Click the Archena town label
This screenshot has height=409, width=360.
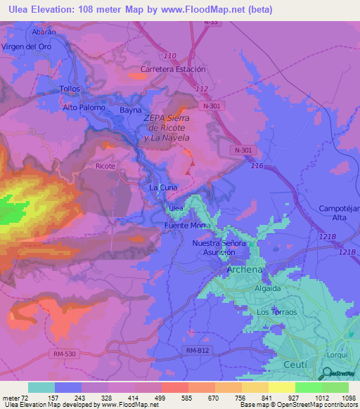tap(244, 270)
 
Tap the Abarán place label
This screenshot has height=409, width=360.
tap(43, 32)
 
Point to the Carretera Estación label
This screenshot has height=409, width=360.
tap(173, 70)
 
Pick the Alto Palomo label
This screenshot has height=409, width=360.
tap(84, 108)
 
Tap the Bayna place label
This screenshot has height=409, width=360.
tap(131, 110)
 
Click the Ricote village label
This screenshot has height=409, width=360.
tap(105, 167)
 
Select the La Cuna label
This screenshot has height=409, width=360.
tap(162, 188)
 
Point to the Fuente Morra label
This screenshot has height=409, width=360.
tap(186, 226)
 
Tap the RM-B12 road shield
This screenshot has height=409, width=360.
tap(198, 350)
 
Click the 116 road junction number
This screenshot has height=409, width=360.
tap(257, 166)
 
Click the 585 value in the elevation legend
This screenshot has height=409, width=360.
tap(174, 398)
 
